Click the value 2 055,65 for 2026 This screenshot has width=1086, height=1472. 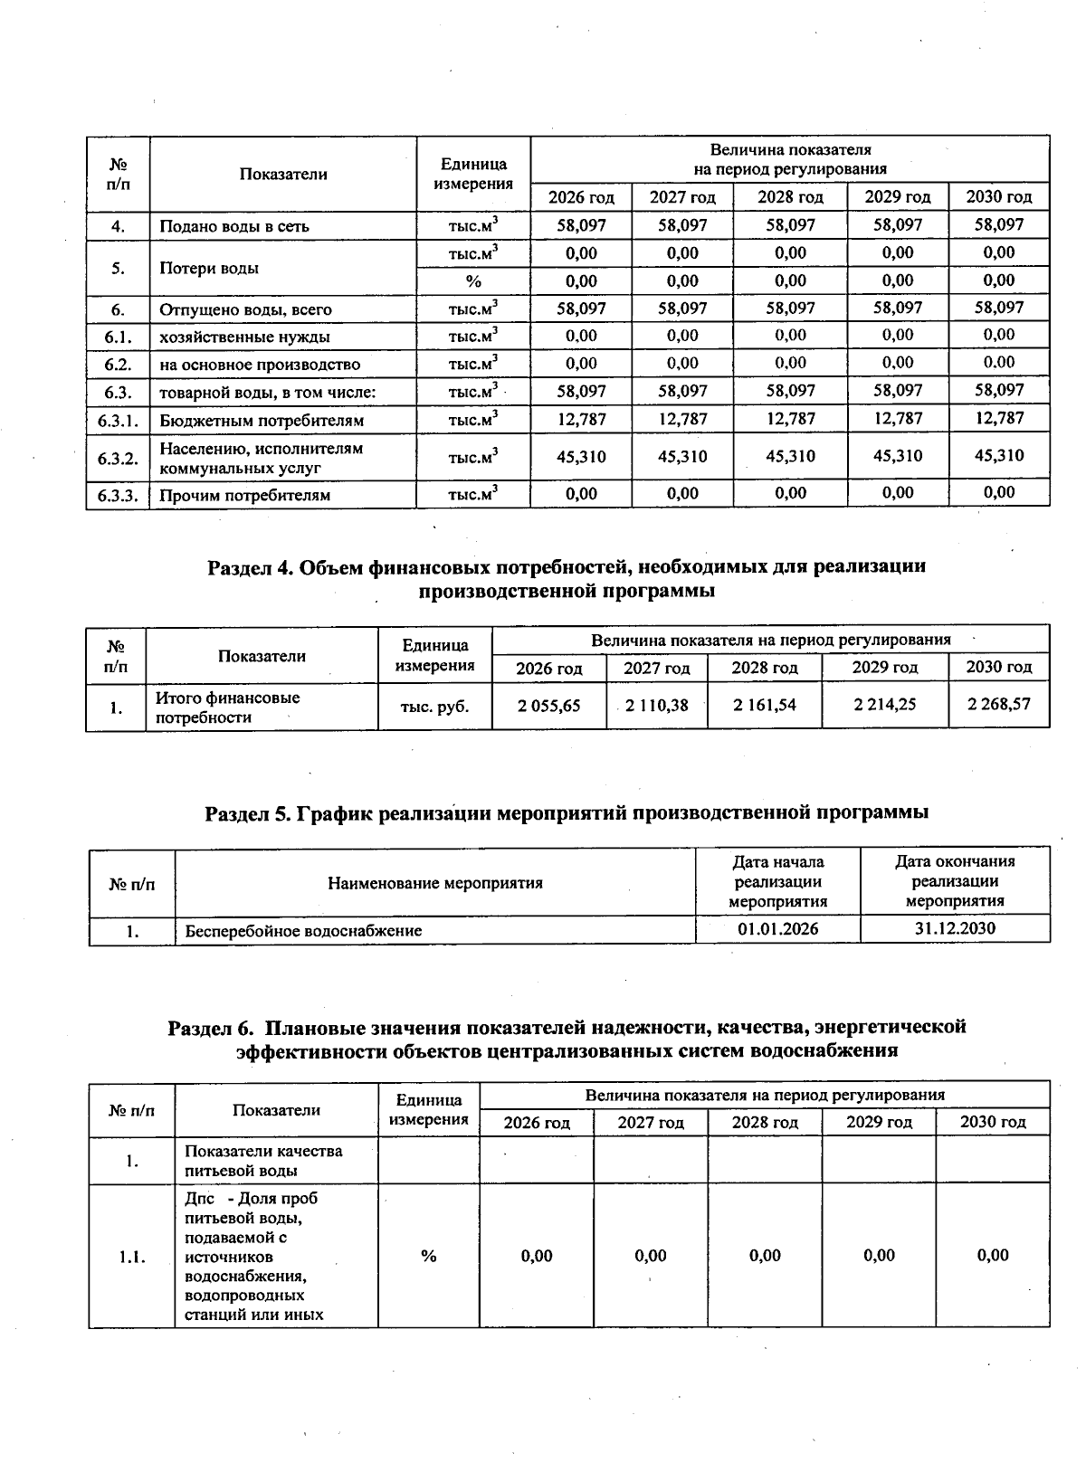click(548, 706)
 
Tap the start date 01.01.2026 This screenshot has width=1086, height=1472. click(777, 929)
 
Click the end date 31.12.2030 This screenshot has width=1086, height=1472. click(955, 928)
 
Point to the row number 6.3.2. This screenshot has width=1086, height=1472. click(118, 458)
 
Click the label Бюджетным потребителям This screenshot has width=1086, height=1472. click(262, 421)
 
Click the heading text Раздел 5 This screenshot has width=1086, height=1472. click(567, 812)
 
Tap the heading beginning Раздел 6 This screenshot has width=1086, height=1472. click(567, 1038)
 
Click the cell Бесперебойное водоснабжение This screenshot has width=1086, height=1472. click(303, 930)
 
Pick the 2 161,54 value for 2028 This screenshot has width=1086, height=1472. click(764, 705)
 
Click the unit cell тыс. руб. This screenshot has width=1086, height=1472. click(434, 707)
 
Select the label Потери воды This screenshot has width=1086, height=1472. click(208, 269)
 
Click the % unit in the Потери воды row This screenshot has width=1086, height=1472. click(472, 281)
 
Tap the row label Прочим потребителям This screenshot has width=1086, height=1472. click(244, 495)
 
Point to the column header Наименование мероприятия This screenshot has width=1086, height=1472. click(434, 883)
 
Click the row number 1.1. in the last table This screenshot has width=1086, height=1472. click(132, 1257)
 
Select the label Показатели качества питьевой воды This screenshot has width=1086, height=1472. click(263, 1161)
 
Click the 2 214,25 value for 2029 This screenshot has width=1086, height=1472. click(884, 705)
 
